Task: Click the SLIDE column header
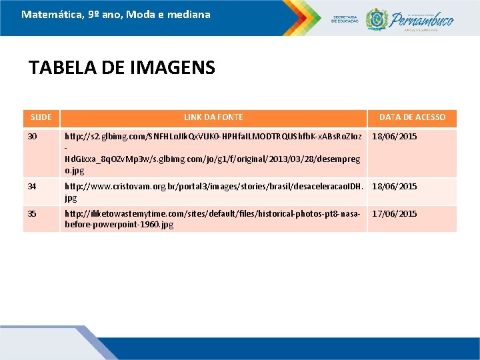click(41, 117)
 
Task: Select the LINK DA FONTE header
click(213, 117)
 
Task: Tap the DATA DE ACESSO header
click(412, 117)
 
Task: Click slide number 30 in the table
click(33, 137)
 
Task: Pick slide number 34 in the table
click(33, 187)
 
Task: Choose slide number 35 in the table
click(33, 214)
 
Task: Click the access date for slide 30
click(395, 137)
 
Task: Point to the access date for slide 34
click(395, 187)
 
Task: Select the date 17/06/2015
click(395, 214)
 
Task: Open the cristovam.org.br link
click(213, 191)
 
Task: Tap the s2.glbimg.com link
click(213, 153)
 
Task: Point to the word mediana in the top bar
click(189, 14)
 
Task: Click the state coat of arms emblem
click(377, 19)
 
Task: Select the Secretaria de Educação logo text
click(346, 19)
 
